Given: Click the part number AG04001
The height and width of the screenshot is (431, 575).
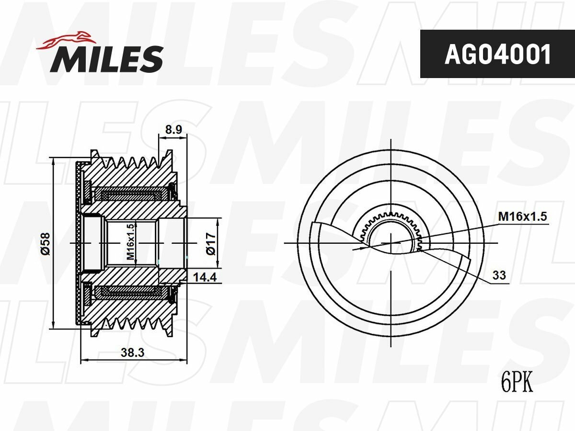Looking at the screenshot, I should [497, 55].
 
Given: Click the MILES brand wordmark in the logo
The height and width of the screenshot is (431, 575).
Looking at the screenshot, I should [106, 59].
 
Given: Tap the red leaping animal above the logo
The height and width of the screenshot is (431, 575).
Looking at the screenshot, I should [67, 40].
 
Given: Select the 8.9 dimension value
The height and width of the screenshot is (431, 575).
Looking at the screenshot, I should [173, 129].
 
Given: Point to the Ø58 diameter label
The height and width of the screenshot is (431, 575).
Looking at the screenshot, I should [44, 243].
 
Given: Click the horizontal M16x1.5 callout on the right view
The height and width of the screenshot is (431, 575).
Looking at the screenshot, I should [522, 216].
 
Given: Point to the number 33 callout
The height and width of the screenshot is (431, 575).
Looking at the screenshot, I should [499, 275].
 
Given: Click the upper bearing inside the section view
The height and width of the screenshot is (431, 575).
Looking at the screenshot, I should [129, 195].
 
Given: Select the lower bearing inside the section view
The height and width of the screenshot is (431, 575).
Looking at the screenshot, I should [129, 291].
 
